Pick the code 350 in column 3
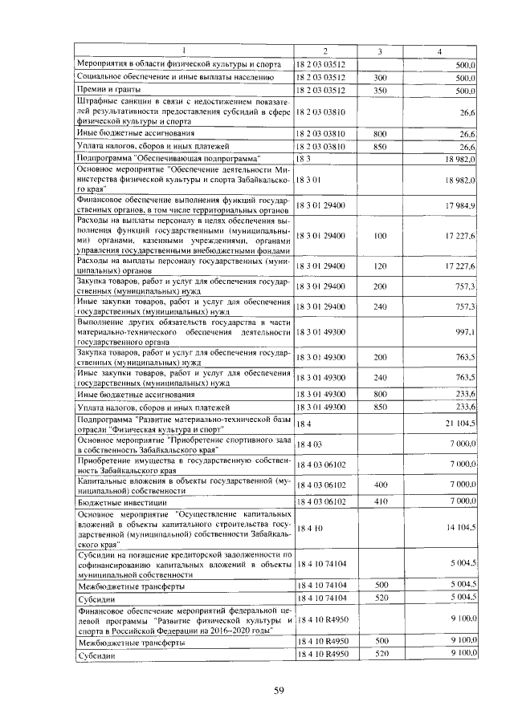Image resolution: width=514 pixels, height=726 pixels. (381, 91)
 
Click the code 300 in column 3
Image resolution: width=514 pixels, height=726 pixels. (381, 78)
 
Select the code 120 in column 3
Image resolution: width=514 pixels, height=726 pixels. (381, 266)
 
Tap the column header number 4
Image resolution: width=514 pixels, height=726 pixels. (440, 52)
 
